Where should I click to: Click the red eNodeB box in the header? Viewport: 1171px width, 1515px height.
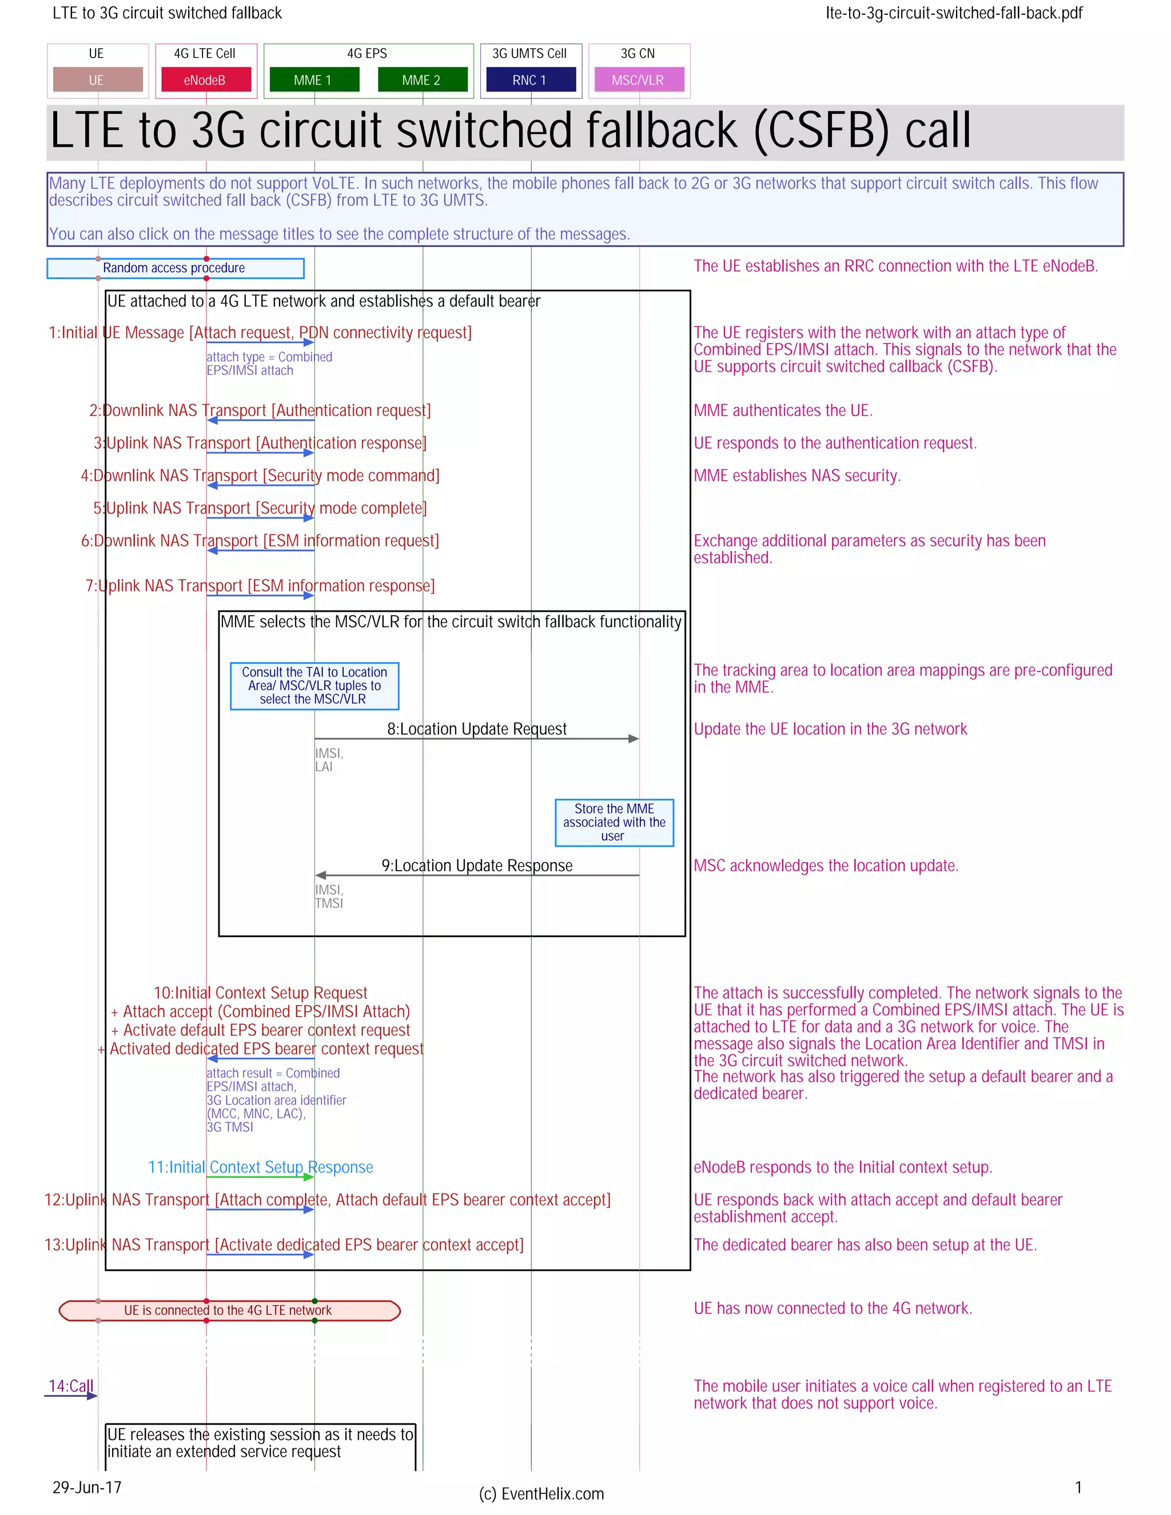pyautogui.click(x=205, y=80)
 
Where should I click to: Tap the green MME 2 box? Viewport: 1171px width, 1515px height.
pyautogui.click(x=422, y=80)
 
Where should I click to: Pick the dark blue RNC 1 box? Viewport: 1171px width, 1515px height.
pyautogui.click(x=531, y=80)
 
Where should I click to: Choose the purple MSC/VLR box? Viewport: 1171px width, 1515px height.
pyautogui.click(x=638, y=80)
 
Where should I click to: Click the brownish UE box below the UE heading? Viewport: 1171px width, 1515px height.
pyautogui.click(x=97, y=80)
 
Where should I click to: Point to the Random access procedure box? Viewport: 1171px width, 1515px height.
pyautogui.click(x=175, y=268)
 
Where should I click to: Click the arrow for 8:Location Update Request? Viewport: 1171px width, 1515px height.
pyautogui.click(x=477, y=739)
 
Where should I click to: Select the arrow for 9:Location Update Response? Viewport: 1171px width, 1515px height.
pyautogui.click(x=477, y=875)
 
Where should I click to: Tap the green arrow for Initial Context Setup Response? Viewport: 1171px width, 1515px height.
pyautogui.click(x=260, y=1177)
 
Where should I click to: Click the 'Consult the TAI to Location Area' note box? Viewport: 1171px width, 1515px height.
pyautogui.click(x=314, y=685)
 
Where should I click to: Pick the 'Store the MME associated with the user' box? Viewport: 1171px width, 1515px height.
pyautogui.click(x=614, y=822)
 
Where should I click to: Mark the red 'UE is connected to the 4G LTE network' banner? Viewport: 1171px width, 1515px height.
pyautogui.click(x=229, y=1310)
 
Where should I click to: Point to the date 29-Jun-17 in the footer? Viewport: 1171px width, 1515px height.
pyautogui.click(x=87, y=1487)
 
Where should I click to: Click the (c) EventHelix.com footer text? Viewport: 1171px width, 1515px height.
pyautogui.click(x=541, y=1493)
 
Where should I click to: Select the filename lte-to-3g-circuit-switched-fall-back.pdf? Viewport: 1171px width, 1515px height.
pyautogui.click(x=954, y=13)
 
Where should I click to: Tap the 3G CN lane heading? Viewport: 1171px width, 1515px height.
pyautogui.click(x=638, y=53)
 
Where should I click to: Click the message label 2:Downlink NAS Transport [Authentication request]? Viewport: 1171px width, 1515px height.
pyautogui.click(x=260, y=410)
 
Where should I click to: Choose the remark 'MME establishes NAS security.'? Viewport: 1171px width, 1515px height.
pyautogui.click(x=797, y=475)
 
